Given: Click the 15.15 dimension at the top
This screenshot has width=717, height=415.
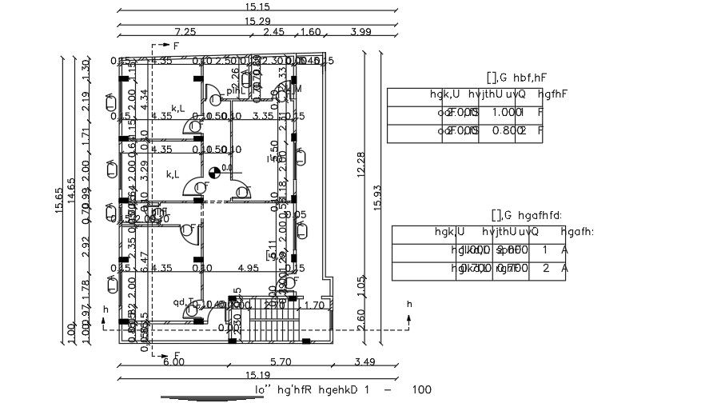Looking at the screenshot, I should click(257, 6).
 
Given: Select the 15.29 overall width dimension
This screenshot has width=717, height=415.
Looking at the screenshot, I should click(257, 20).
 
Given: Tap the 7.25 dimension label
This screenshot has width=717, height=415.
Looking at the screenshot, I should click(185, 32).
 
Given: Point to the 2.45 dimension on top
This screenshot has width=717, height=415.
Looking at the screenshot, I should click(273, 32).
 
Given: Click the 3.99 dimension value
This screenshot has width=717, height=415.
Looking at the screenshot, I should click(361, 32).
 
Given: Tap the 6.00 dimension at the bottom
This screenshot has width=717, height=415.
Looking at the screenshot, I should click(173, 362).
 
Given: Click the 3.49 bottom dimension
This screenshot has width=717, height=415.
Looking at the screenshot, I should click(364, 362).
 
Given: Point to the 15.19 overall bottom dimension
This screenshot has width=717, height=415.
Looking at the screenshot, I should click(257, 375).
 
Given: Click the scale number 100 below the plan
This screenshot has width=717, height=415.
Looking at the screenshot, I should click(421, 390).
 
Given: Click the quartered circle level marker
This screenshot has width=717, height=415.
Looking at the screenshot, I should click(213, 172).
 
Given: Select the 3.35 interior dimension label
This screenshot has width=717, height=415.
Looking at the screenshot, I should click(263, 116).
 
